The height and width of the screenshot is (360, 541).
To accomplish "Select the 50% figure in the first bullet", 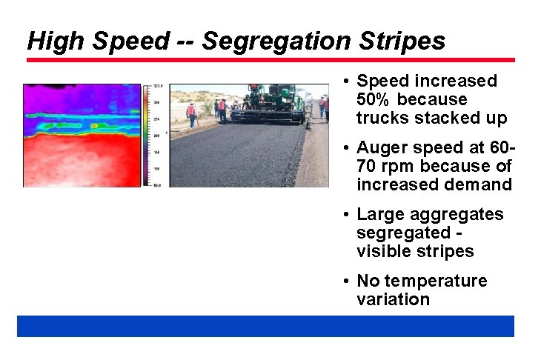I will coord(375,99).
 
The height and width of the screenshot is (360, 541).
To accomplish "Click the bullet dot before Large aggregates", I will coord(346,215).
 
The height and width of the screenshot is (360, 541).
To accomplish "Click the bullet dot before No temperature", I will coord(346,281).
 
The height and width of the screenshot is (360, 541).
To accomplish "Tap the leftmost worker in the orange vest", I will coord(191,113).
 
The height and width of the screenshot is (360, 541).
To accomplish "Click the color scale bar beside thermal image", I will coord(147,135).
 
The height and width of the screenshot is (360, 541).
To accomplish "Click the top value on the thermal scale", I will coord(158,87).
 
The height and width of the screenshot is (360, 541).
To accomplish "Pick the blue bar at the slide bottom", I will coord(265,326).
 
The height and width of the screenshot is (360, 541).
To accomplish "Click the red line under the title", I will coord(270,60).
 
